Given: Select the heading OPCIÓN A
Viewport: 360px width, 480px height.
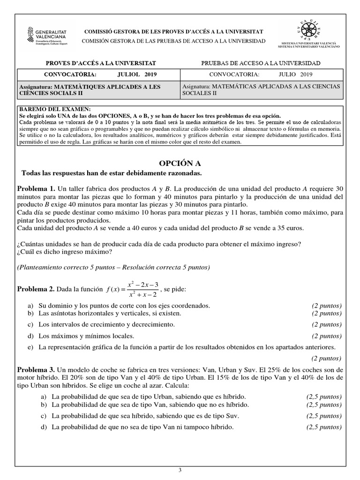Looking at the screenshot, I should click(x=180, y=163).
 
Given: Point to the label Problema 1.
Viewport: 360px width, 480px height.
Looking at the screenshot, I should click(x=36, y=188).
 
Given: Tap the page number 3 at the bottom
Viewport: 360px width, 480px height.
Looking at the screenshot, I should click(x=180, y=470).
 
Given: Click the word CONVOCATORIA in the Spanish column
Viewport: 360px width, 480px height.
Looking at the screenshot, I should click(x=234, y=75).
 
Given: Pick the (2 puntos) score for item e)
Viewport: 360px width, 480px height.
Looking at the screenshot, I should click(x=327, y=358).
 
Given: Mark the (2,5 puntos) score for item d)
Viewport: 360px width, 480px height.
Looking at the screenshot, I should click(x=324, y=427).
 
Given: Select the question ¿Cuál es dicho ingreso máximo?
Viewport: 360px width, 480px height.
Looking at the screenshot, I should click(x=64, y=251).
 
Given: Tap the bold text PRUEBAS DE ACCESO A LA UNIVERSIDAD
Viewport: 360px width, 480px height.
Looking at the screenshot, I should click(x=261, y=63).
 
